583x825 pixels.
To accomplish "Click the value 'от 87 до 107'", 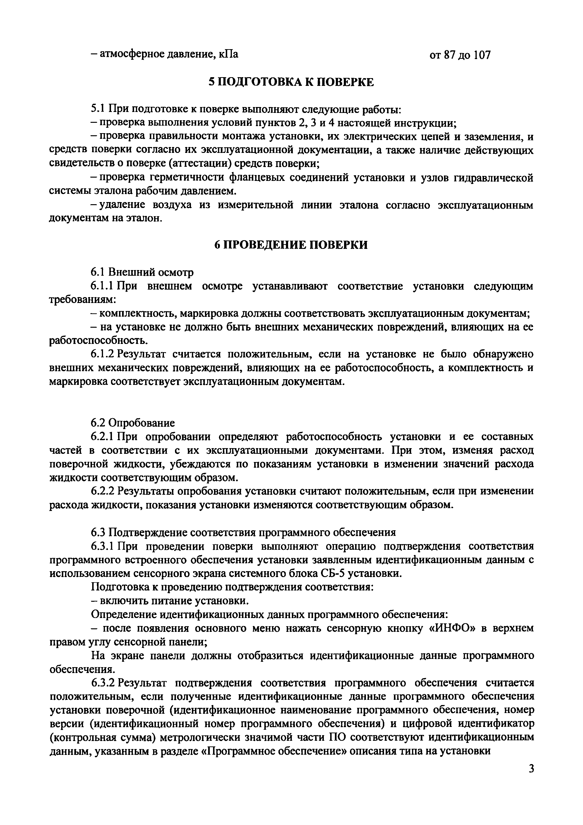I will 460,55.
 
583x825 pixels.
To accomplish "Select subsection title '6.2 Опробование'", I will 133,422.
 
